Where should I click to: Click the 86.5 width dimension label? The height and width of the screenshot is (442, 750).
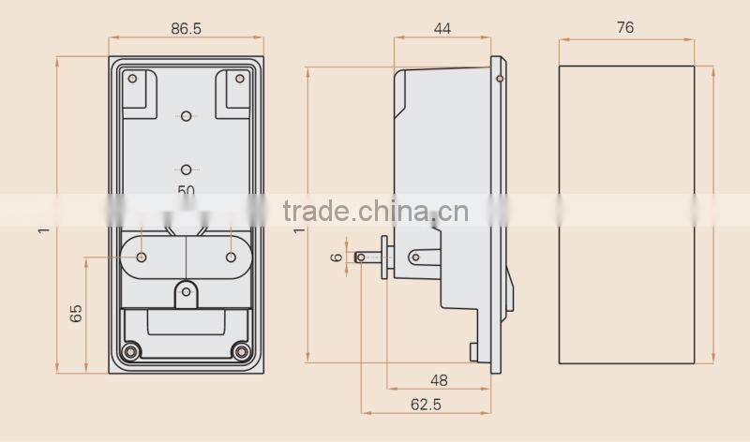click(x=186, y=29)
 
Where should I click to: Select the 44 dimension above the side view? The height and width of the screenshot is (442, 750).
click(x=442, y=29)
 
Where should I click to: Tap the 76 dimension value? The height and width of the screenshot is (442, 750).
click(x=625, y=28)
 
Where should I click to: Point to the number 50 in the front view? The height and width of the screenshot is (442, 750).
click(x=187, y=190)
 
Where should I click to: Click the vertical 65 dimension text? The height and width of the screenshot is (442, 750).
click(x=76, y=313)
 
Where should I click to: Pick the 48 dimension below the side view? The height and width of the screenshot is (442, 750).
click(x=439, y=380)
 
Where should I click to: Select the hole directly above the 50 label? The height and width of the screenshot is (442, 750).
click(x=187, y=169)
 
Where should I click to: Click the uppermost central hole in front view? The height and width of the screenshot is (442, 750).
click(x=187, y=115)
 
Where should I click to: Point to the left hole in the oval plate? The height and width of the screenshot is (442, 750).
click(x=142, y=257)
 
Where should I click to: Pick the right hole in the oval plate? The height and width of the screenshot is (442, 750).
click(x=231, y=257)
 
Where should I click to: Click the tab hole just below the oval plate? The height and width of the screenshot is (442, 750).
click(x=187, y=292)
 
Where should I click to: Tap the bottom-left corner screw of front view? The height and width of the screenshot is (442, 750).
click(x=130, y=351)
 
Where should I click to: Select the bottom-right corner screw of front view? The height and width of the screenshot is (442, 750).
click(x=243, y=351)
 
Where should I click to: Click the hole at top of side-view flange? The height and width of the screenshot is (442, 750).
click(x=499, y=79)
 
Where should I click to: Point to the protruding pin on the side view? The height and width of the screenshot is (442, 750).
click(x=367, y=258)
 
